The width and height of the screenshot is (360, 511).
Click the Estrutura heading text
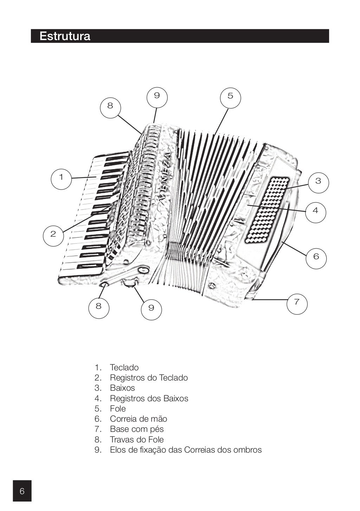[x=65, y=36]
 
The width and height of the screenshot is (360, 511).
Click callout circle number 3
[x=318, y=181]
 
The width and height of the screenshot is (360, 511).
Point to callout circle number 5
[x=230, y=96]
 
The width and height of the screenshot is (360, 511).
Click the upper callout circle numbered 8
[x=110, y=106]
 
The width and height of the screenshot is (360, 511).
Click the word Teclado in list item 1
[x=124, y=368]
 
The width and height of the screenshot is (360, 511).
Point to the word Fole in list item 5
[x=118, y=409]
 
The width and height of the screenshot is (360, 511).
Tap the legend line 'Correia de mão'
[x=139, y=419]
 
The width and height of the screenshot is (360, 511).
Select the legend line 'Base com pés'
[x=137, y=429]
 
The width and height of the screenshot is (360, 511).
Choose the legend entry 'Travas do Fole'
[x=137, y=440]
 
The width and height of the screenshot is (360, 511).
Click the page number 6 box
[x=22, y=491]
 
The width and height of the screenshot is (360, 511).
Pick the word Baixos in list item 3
[x=122, y=388]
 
